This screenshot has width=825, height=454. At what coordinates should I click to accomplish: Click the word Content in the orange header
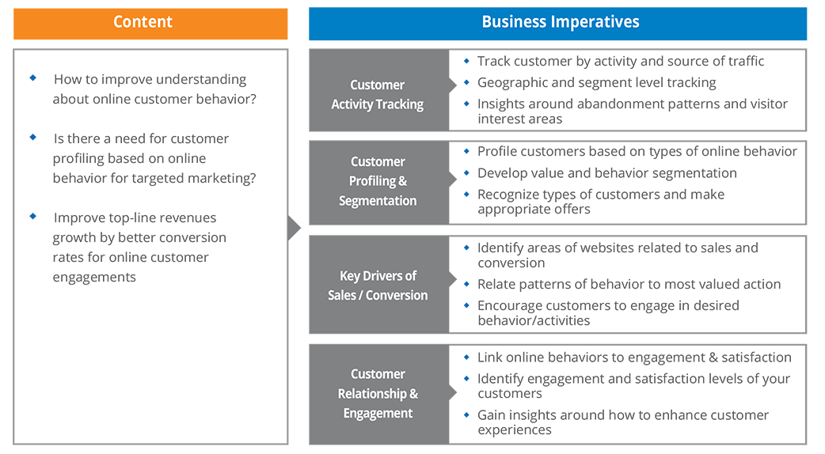coord(143,21)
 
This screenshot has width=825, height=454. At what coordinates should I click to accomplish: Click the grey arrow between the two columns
coord(294,229)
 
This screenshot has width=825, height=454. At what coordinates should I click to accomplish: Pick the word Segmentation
coord(378,201)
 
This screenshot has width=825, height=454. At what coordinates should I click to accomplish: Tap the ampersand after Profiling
coord(403,181)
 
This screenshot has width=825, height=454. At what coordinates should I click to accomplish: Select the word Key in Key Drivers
coord(351,276)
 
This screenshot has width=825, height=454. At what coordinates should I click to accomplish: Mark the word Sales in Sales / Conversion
coord(344,295)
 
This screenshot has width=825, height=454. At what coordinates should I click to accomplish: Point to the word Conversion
coord(399,295)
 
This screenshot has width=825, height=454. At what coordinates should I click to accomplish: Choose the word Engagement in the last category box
coord(378,413)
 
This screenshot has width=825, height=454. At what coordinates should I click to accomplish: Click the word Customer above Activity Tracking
coord(378,85)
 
